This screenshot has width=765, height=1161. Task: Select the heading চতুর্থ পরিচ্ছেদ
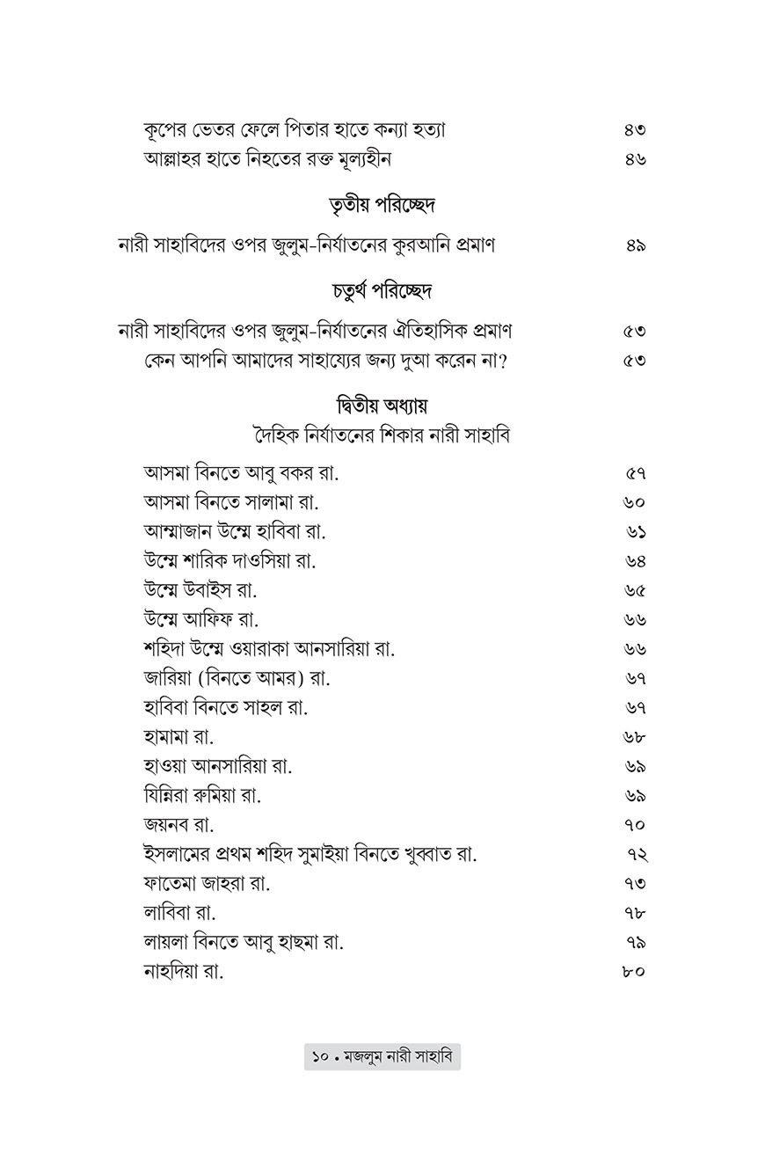(x=382, y=290)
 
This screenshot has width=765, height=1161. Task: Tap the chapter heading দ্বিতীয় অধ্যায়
(x=382, y=406)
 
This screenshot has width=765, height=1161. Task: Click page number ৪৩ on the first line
(x=635, y=129)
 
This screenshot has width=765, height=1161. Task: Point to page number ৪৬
(x=635, y=159)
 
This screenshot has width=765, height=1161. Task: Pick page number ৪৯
(x=636, y=245)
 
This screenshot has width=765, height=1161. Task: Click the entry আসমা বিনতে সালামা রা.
(x=230, y=502)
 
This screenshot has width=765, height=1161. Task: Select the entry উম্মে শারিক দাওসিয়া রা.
(x=229, y=560)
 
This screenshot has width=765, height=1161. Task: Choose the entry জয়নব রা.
(x=179, y=824)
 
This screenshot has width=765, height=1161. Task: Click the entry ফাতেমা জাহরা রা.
(x=207, y=883)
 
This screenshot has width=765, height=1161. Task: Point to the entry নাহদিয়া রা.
(x=184, y=971)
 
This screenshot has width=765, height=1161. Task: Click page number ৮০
(x=633, y=971)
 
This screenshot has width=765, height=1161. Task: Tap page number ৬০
(x=634, y=502)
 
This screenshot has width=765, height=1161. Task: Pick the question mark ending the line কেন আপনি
(x=502, y=361)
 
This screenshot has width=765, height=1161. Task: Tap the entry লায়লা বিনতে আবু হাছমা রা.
(x=243, y=942)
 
